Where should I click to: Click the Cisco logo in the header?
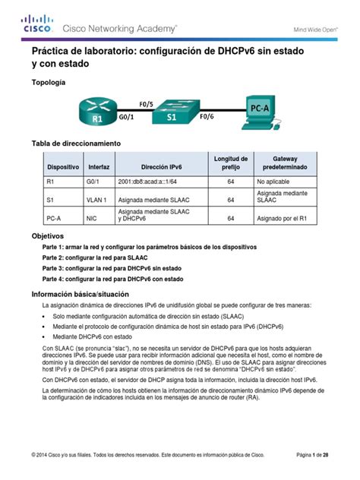point(37,24)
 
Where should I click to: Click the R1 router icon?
point(97,113)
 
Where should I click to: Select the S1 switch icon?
point(172,113)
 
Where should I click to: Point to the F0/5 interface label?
point(147,103)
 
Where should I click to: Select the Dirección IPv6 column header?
point(160,166)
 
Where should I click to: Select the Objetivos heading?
point(46,236)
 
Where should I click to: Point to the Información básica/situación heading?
point(80,293)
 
